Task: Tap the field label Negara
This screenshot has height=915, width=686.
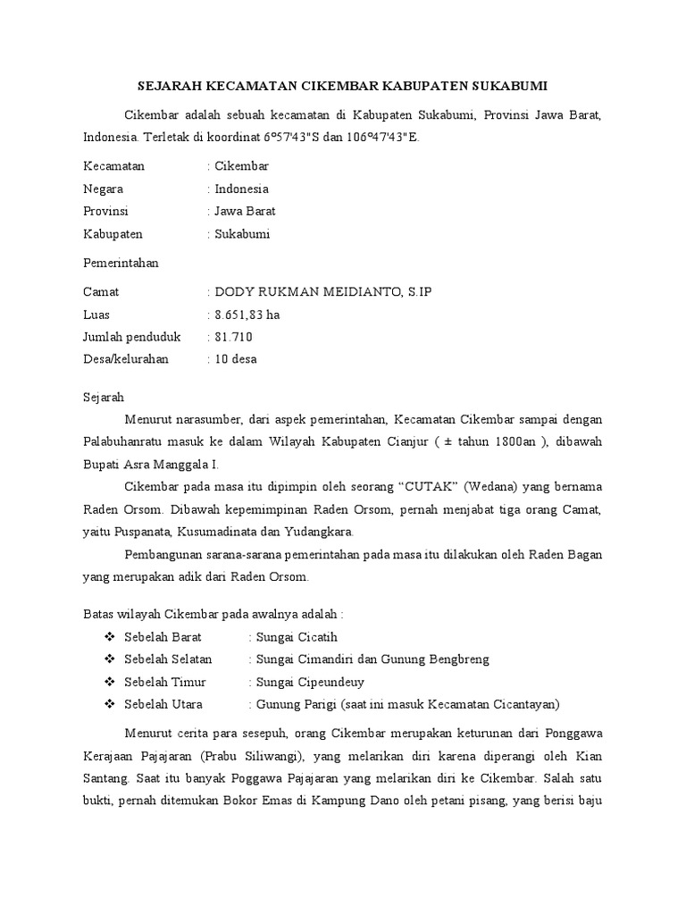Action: (103, 189)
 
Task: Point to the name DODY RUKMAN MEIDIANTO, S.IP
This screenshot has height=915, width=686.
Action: (323, 292)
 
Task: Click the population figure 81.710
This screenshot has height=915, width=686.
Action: (234, 337)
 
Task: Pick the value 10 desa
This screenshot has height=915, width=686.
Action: (236, 359)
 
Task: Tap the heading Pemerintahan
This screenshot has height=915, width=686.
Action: (121, 264)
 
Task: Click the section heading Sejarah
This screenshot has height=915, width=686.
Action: (104, 396)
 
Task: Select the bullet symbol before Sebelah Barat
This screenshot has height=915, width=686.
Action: (110, 637)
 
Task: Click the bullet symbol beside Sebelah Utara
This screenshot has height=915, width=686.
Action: (110, 704)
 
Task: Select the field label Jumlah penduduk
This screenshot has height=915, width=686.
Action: (131, 337)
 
